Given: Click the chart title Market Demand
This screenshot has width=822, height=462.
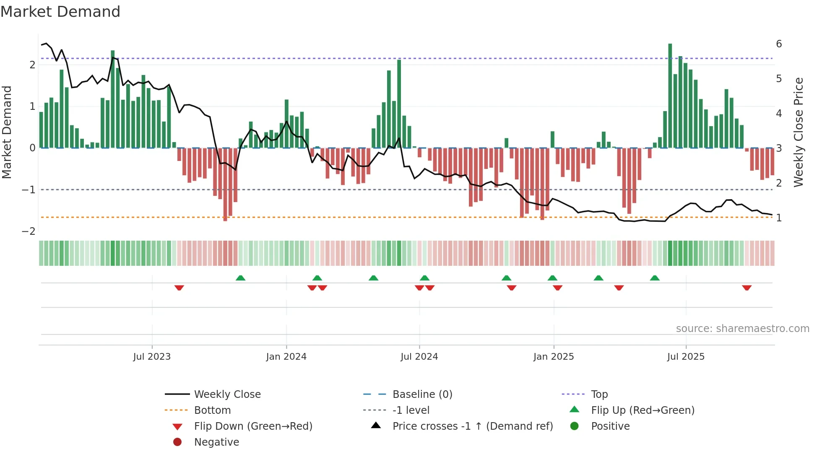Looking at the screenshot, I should tap(60, 12).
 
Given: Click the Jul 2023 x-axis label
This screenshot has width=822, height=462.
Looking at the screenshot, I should tap(152, 357).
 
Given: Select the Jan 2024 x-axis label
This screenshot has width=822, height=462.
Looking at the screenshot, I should tap(286, 357).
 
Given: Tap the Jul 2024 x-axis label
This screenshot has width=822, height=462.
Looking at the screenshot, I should tap(419, 357).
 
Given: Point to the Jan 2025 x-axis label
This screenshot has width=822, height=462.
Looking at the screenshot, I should tap(553, 357).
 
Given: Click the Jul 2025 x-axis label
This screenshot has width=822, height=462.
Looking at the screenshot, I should tap(686, 357).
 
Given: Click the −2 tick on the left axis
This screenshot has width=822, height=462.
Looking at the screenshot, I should tap(29, 231).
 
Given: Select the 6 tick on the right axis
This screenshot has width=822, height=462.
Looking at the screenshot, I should tap(779, 44).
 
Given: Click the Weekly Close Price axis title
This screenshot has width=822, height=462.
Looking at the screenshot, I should tap(799, 132).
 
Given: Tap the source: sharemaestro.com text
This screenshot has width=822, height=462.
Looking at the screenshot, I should tap(742, 329).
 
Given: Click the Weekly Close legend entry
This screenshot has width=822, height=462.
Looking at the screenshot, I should tap(227, 395).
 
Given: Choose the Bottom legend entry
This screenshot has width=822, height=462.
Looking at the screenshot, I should tap(212, 410).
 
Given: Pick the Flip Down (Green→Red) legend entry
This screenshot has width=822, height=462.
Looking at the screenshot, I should tap(253, 426).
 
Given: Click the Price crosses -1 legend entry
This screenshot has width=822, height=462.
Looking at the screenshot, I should tap(472, 426).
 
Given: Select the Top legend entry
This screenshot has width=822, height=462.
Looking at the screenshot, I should tap(599, 395).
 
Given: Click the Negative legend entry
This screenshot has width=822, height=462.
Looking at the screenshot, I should tap(216, 442).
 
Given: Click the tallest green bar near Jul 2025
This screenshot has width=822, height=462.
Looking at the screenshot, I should tap(670, 96).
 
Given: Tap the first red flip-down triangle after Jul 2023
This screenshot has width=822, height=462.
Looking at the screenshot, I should tap(179, 288).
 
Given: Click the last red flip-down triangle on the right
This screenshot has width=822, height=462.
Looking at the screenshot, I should tap(747, 288).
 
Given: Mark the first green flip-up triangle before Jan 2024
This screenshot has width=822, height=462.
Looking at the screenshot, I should tap(240, 278).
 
